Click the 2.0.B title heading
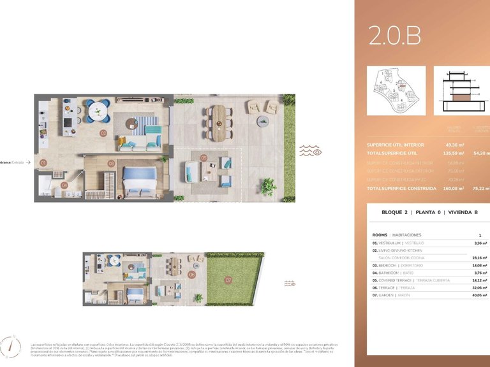pos(395,36)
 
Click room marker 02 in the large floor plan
pos(103,134)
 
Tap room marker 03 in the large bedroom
pos(111,163)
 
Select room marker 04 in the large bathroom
pos(64,185)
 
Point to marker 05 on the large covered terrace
pos(204,157)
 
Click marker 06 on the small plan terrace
pos(192,275)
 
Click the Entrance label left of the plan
pos(13,162)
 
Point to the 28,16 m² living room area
pos(478,258)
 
